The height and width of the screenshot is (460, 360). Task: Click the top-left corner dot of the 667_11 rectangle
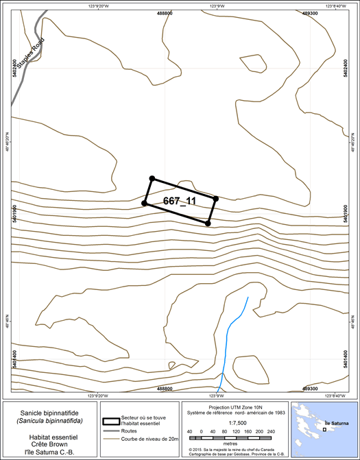pos(152,178)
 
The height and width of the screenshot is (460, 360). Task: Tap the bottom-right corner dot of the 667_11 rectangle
pos(208,223)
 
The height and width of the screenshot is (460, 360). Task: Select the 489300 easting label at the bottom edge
pos(309,388)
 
